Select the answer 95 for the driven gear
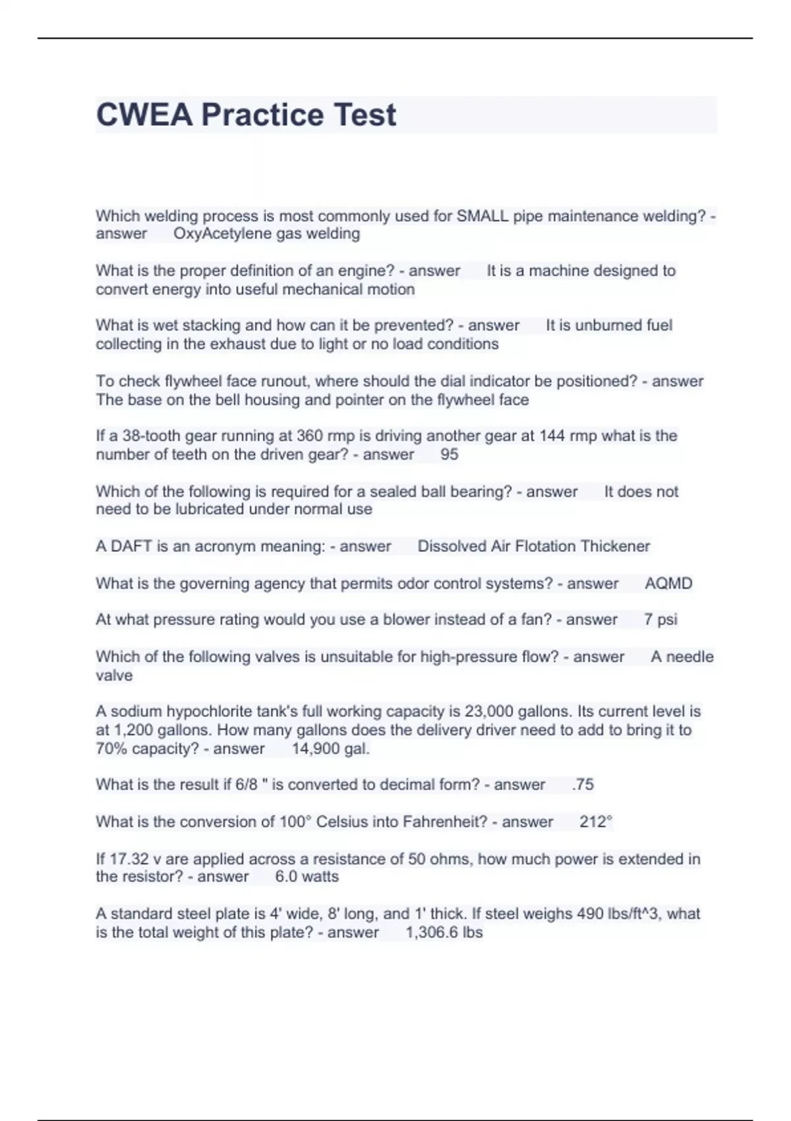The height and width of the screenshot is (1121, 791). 449,454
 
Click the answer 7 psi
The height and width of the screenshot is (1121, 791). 660,619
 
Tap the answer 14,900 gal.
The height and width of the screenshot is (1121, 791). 331,748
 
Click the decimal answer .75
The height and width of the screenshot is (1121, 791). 583,784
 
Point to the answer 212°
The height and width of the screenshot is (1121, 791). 596,822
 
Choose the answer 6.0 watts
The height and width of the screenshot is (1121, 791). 307,876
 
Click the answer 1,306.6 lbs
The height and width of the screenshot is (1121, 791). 444,932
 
